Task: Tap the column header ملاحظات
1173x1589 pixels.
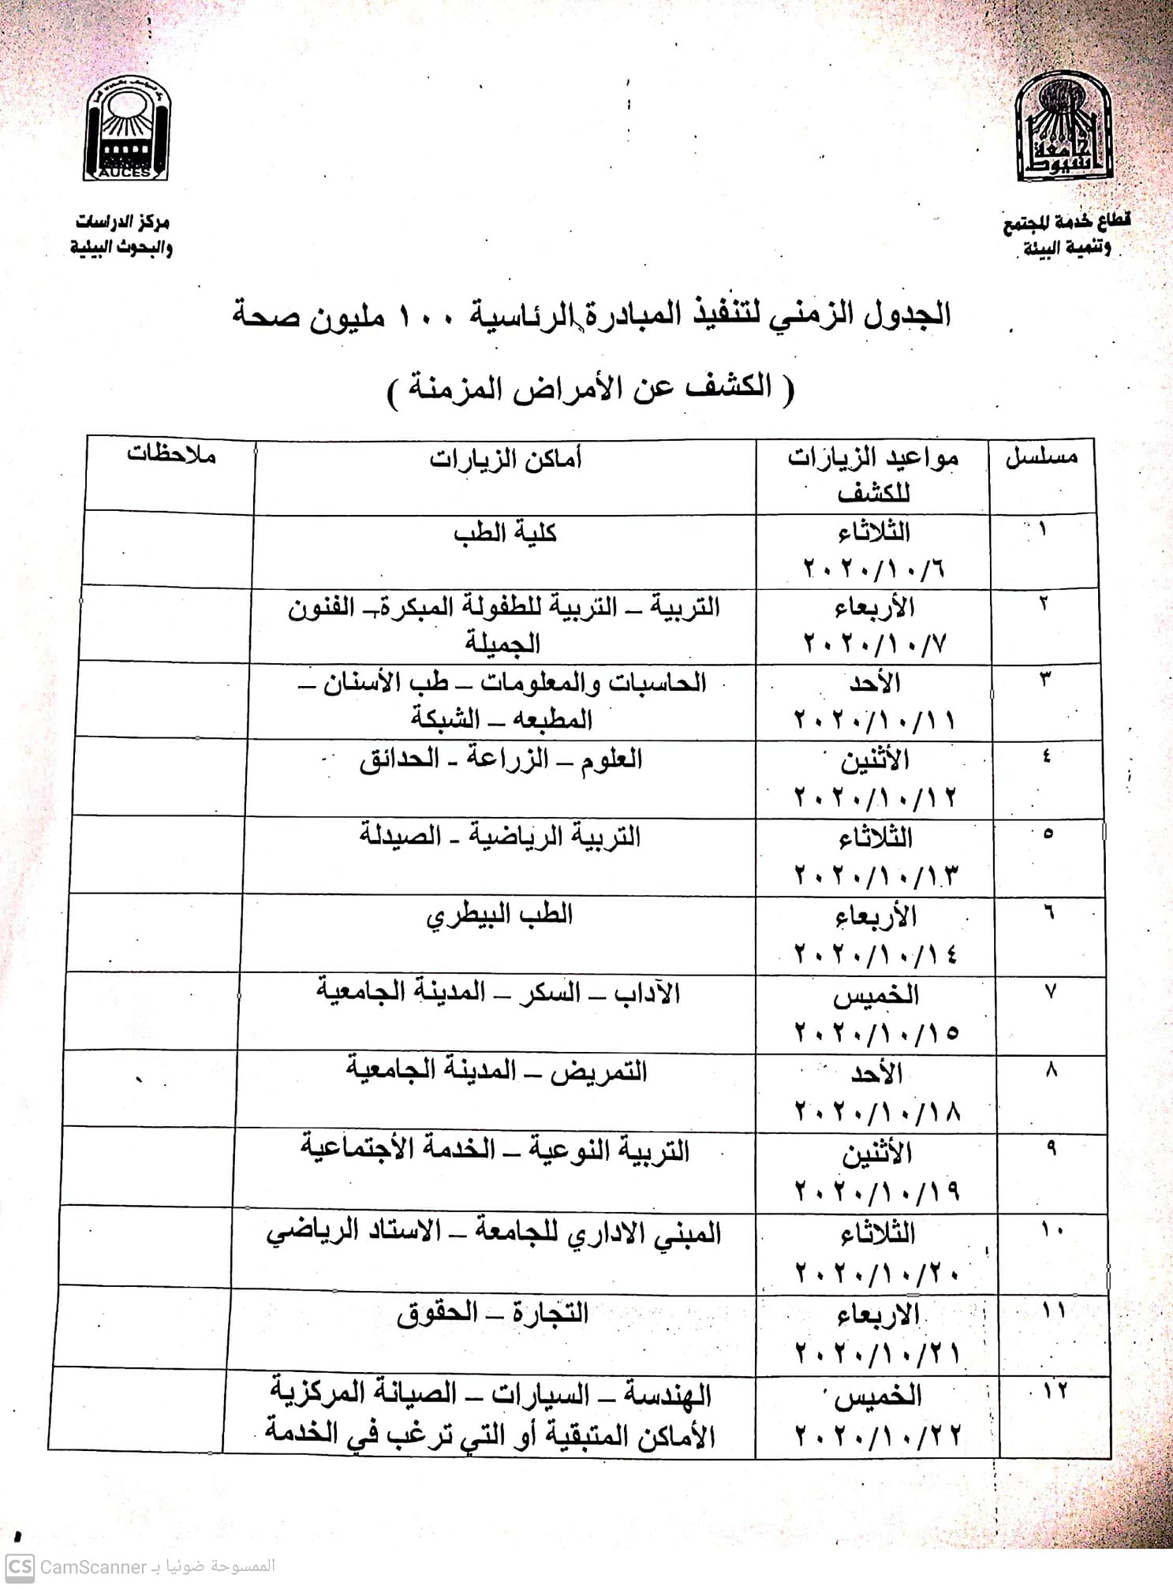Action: pyautogui.click(x=171, y=455)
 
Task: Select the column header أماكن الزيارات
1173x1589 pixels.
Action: pyautogui.click(x=505, y=458)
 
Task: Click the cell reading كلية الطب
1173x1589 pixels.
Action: pyautogui.click(x=505, y=533)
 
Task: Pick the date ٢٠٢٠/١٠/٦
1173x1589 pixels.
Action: pyautogui.click(x=874, y=568)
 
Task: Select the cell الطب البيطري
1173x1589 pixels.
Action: pyautogui.click(x=499, y=916)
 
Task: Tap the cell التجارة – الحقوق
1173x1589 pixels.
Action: pyautogui.click(x=493, y=1313)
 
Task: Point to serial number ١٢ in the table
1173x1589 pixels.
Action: pyautogui.click(x=1055, y=1390)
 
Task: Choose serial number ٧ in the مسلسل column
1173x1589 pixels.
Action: pyautogui.click(x=1051, y=992)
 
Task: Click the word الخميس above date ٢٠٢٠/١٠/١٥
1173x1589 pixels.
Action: pyautogui.click(x=876, y=995)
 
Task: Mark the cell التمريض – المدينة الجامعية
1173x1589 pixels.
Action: pyautogui.click(x=496, y=1071)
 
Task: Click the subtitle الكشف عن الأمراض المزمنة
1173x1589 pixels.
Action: pyautogui.click(x=592, y=388)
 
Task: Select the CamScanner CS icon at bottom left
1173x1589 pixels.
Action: pyautogui.click(x=21, y=1566)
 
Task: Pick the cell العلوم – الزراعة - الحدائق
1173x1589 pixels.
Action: pyautogui.click(x=501, y=759)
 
